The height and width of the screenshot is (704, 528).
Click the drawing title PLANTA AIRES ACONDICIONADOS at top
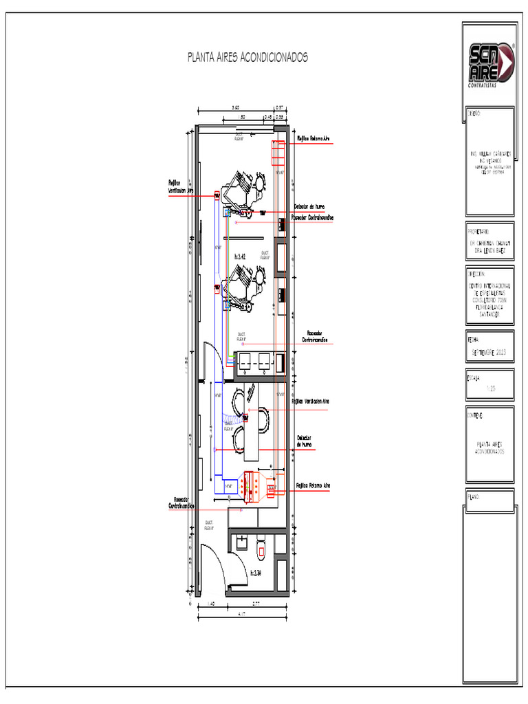point(247,57)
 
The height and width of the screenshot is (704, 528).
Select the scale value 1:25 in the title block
point(490,388)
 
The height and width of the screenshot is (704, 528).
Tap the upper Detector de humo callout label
point(309,206)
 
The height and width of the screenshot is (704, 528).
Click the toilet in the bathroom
point(261,548)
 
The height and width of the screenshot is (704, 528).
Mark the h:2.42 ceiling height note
point(240,256)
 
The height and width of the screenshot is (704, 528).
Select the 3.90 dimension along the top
point(236,108)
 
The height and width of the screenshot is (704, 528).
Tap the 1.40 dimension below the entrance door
point(211,604)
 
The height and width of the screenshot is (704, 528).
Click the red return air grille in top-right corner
point(278,153)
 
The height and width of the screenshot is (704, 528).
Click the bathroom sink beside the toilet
point(241,544)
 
